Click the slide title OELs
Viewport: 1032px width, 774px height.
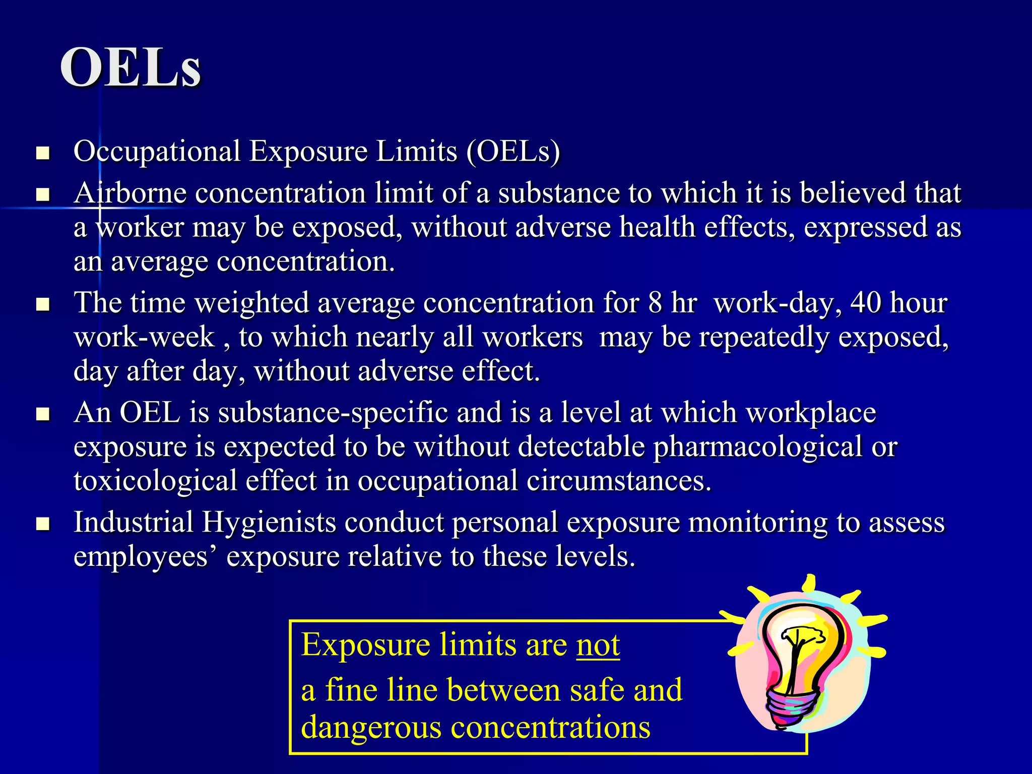131,68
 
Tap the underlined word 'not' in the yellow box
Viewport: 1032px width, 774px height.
598,645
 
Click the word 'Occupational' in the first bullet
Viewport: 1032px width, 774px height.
157,152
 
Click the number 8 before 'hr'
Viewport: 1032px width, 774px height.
655,303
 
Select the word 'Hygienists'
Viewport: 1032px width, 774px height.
269,523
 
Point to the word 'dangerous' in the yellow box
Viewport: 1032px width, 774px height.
371,728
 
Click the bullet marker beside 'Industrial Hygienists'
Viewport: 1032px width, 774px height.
43,524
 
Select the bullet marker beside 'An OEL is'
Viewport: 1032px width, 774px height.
43,414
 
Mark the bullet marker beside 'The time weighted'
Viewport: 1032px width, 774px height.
43,304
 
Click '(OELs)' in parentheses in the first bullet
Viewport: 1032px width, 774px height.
512,152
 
